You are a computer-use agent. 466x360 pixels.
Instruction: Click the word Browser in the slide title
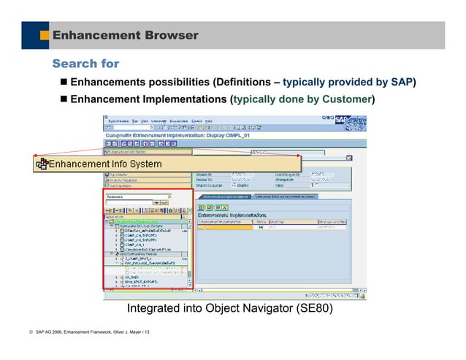171,35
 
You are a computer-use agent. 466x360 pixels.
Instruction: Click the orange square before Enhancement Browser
45,35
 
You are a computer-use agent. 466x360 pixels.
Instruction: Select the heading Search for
85,64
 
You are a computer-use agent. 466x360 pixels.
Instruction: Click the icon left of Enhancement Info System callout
42,164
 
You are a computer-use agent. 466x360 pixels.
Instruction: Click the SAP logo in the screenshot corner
343,120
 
